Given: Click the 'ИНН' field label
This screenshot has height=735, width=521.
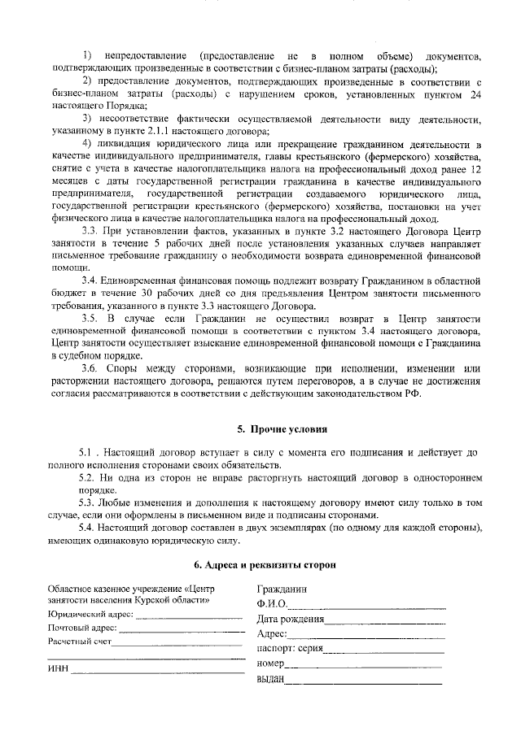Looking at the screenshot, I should point(58,670).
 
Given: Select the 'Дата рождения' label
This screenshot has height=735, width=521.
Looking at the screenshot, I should point(291,619).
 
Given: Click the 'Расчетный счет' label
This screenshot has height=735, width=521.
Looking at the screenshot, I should point(80,641).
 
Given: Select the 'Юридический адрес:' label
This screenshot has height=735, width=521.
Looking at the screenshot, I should point(89,614).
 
